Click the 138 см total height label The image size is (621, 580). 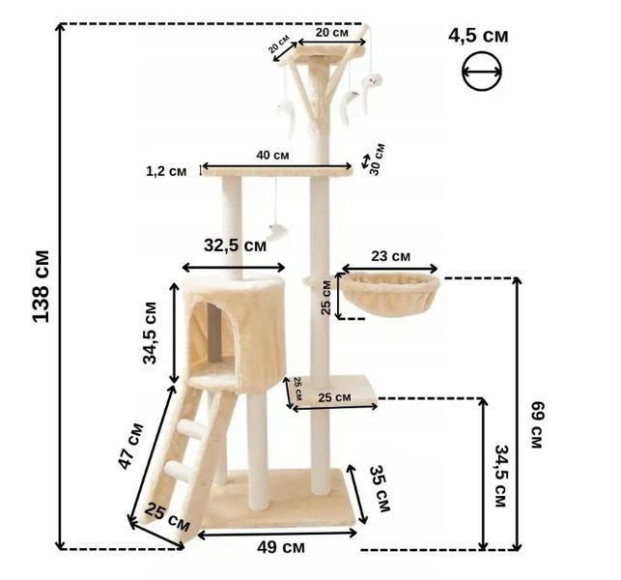point(42,286)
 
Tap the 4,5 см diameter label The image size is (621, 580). point(478,36)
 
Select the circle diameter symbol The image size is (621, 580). point(482,72)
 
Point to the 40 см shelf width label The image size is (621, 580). point(272,155)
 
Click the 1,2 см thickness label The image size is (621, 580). point(166,171)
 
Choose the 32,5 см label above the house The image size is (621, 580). point(236,246)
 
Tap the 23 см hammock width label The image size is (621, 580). point(390,256)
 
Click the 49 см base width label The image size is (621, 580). point(281,547)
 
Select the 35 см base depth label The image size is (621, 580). point(380,488)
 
